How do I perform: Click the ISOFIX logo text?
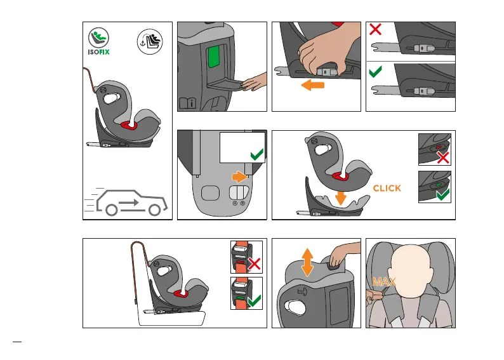point(98,52)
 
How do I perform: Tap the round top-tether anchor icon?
point(150,42)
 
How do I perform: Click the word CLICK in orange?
point(387,188)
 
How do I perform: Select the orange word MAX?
point(384,282)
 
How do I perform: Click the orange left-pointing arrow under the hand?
point(312,85)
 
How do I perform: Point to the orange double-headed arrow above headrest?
point(308,262)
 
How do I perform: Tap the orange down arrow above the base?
point(340,198)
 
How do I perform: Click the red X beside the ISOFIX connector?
point(375,29)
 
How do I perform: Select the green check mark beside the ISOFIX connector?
point(375,72)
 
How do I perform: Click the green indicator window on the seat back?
point(213,57)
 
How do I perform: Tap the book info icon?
point(187,103)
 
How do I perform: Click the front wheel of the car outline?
point(154,210)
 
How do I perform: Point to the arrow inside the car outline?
point(129,203)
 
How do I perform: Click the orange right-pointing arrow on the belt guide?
point(239,177)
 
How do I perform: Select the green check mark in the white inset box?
point(257,154)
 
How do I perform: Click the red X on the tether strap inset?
point(255,264)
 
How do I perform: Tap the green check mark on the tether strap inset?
point(255,301)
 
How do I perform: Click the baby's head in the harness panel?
point(411,272)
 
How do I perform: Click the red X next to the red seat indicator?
point(443,157)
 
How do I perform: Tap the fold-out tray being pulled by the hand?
point(225,84)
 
